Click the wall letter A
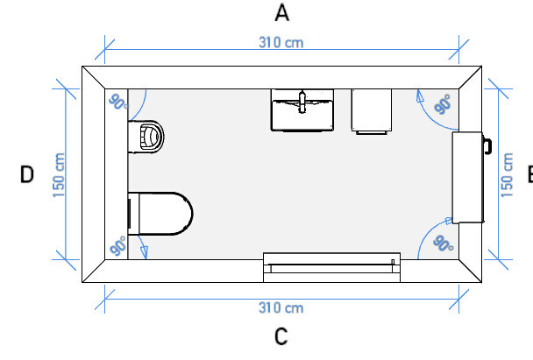click(281, 13)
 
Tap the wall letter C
click(281, 336)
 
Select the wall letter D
click(27, 174)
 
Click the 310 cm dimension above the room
click(281, 43)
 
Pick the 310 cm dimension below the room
click(281, 308)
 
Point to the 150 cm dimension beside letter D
click(59, 175)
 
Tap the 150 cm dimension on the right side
click(507, 175)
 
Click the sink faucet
click(302, 102)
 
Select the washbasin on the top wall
click(302, 110)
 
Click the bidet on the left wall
click(146, 137)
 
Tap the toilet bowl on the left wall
click(160, 213)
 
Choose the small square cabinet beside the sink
click(372, 111)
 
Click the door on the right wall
click(468, 177)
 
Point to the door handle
click(487, 146)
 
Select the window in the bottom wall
click(331, 267)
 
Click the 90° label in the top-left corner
click(118, 102)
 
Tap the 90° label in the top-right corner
click(443, 104)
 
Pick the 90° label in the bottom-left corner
click(118, 246)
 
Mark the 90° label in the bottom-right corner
click(444, 244)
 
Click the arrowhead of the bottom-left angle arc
click(145, 251)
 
